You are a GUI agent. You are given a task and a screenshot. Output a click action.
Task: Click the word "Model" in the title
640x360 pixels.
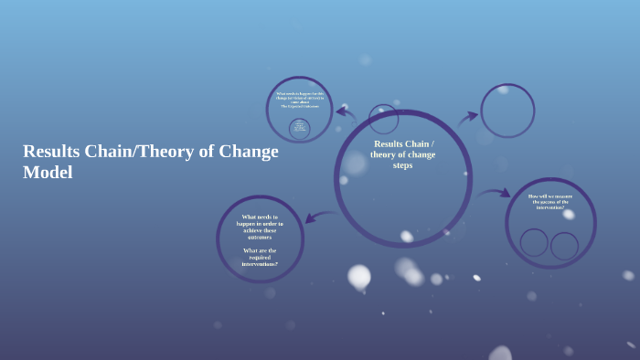pos(48,172)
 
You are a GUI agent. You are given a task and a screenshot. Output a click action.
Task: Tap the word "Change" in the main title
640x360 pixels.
pos(248,152)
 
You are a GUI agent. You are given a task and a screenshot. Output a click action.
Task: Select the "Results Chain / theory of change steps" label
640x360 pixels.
pos(402,154)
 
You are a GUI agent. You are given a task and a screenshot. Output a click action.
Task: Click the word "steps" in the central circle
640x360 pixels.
pos(402,165)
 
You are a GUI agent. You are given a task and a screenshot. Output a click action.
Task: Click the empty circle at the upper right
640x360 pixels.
pos(507,111)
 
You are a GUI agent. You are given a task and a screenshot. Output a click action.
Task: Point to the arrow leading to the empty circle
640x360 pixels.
pos(468,117)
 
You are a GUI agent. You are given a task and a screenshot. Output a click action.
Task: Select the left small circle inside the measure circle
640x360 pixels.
pos(534,242)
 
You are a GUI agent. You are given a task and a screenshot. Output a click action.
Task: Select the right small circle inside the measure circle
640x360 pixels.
pos(564,245)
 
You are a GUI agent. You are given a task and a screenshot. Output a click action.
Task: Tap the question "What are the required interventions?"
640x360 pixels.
pos(260,257)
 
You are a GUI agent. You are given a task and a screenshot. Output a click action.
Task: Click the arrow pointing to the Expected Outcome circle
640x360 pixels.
pos(346,114)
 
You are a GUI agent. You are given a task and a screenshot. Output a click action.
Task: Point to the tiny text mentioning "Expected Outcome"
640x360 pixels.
pos(299,107)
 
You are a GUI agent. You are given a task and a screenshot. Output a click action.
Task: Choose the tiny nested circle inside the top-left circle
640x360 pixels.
pos(299,128)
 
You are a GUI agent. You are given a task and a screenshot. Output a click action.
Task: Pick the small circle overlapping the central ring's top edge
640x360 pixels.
pos(384,119)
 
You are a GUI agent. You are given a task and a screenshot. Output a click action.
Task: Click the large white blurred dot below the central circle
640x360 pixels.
pos(359,276)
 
